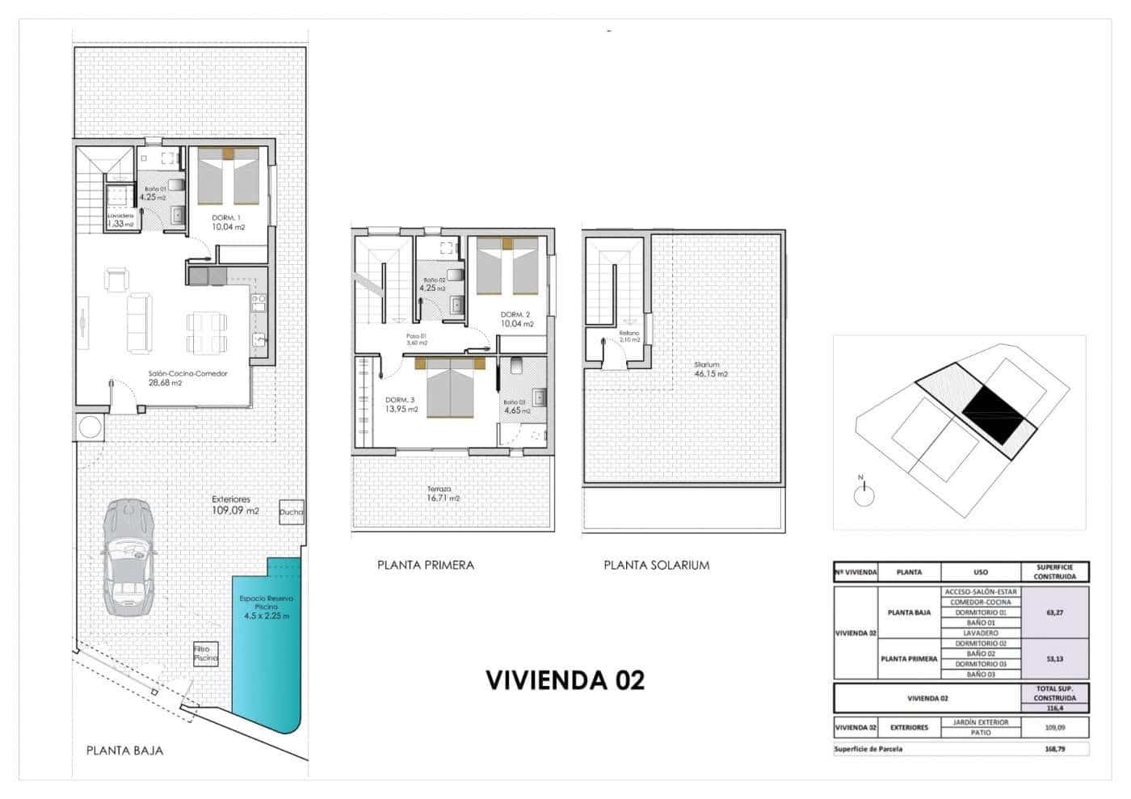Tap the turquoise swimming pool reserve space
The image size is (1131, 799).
click(x=267, y=646)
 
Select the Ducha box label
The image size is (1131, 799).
click(x=291, y=511)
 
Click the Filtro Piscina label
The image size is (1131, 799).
click(x=205, y=654)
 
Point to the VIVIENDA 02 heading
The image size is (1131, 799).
click(x=565, y=680)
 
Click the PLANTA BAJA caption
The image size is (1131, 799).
click(x=124, y=751)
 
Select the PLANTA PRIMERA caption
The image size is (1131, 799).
click(x=425, y=566)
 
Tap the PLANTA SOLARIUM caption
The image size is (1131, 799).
click(x=656, y=566)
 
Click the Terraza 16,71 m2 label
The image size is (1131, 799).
click(x=444, y=494)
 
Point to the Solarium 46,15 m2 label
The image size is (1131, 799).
click(x=711, y=369)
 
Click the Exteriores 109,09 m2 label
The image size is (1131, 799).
click(x=235, y=505)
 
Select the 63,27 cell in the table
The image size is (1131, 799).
click(x=1054, y=612)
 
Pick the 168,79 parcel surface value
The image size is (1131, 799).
click(x=1054, y=749)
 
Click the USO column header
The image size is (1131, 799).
click(x=980, y=572)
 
